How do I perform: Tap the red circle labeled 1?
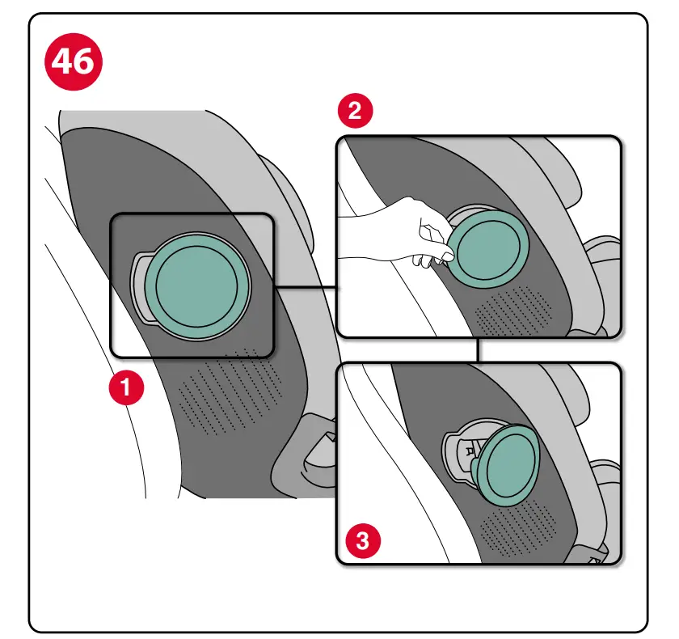[x=127, y=388]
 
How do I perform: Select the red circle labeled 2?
[x=354, y=111]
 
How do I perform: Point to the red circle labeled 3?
[x=362, y=540]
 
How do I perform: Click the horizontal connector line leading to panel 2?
[x=305, y=287]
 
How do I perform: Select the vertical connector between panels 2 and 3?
[x=479, y=349]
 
